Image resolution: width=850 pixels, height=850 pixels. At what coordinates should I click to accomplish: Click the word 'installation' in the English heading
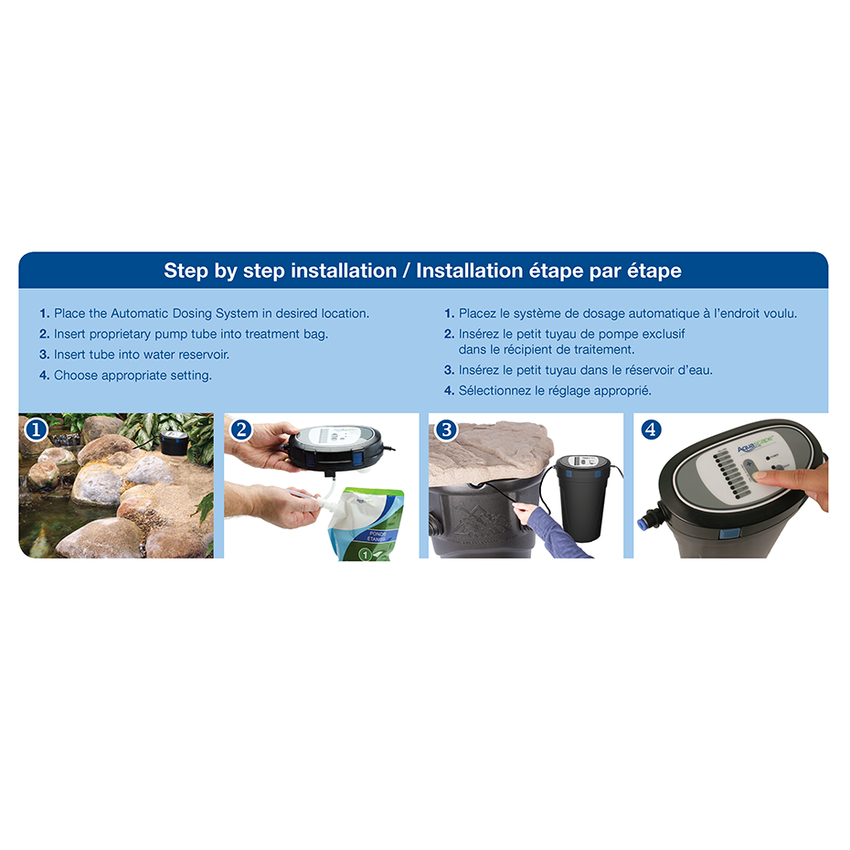(344, 271)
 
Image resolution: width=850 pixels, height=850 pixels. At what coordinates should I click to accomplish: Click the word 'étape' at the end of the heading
(650, 271)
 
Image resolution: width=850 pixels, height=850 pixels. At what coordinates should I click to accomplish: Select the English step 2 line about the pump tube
(190, 334)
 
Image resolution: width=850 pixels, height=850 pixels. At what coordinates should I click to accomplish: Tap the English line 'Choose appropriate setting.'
(133, 375)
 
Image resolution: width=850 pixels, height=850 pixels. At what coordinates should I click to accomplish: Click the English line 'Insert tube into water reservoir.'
(142, 354)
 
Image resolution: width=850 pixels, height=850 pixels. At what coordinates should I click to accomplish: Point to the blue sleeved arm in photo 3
(548, 535)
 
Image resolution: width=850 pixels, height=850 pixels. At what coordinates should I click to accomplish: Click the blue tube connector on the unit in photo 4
(643, 524)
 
